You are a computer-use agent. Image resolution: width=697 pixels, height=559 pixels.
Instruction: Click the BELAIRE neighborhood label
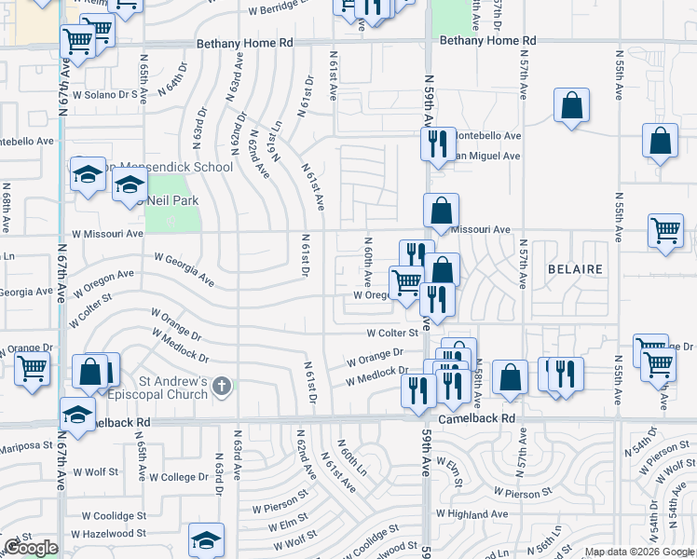[x=575, y=269]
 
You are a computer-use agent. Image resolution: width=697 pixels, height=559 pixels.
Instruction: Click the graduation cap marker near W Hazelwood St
[x=206, y=540]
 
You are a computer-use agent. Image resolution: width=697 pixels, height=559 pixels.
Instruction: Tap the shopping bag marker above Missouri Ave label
[x=441, y=211]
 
